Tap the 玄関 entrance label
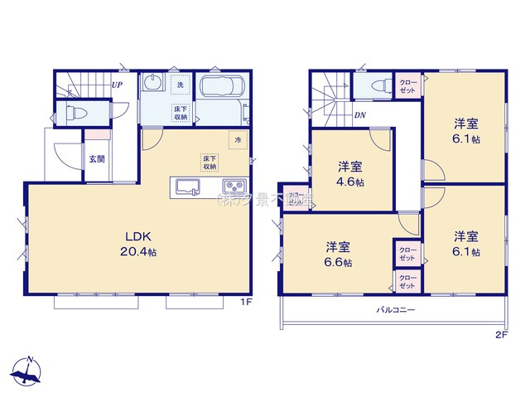point(97,158)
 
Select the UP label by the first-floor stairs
point(118,84)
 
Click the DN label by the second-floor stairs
point(360,115)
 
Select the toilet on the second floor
point(378,85)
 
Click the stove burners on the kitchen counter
point(234,186)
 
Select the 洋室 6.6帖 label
point(337,253)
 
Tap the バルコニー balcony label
point(392,309)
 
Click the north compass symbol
point(27,372)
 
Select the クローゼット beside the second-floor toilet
point(407,85)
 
